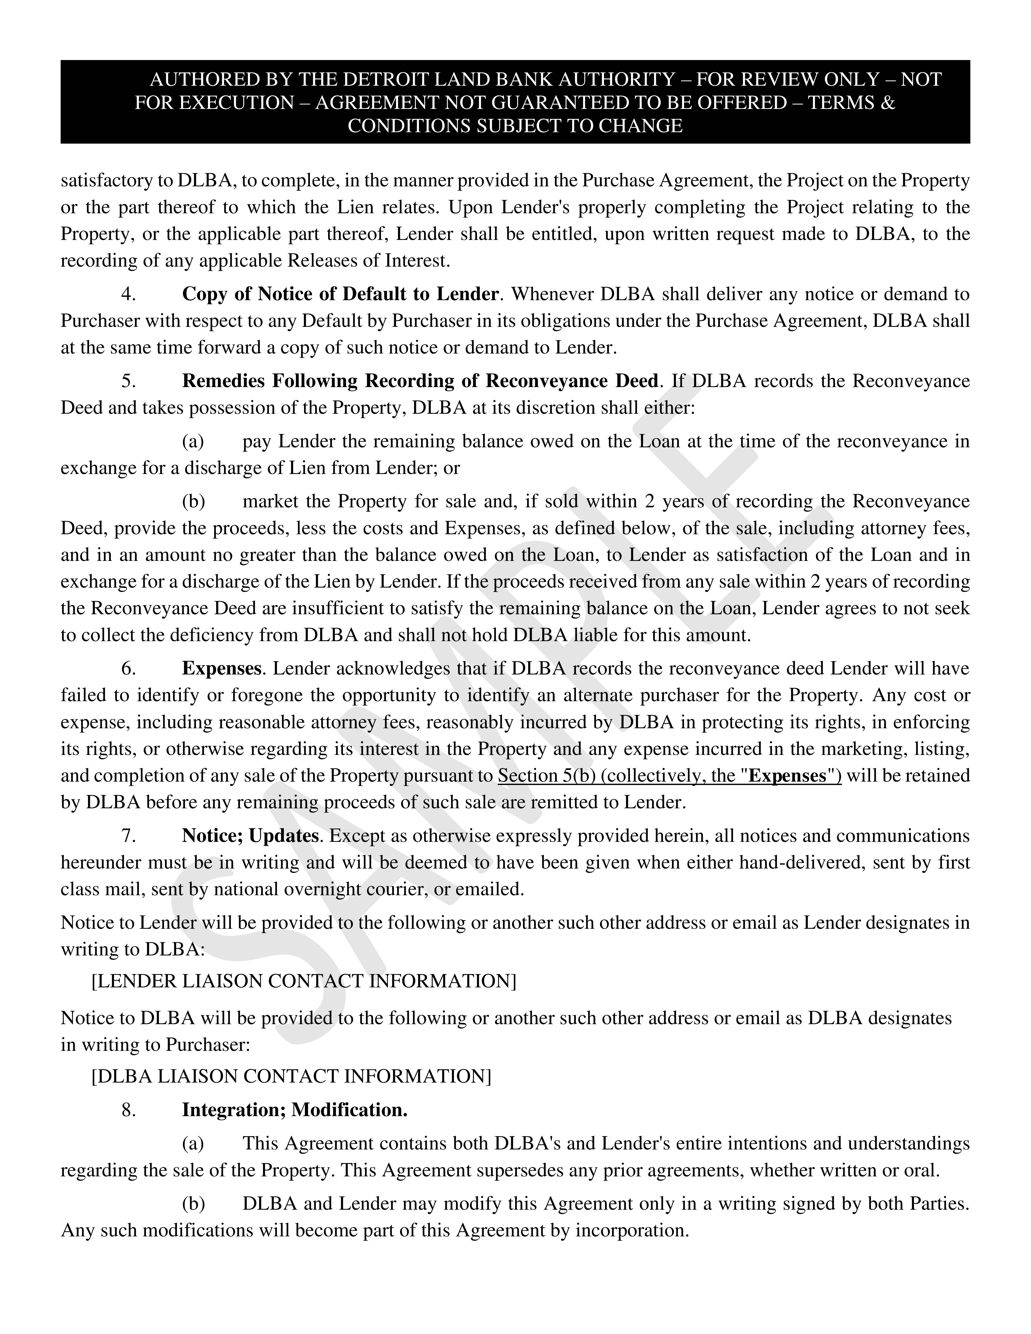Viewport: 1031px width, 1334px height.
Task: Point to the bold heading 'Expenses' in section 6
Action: [222, 669]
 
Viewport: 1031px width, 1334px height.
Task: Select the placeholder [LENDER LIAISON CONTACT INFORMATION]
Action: [304, 981]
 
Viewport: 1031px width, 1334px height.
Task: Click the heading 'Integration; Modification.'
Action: [294, 1110]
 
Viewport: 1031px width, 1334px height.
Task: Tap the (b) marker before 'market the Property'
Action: [194, 501]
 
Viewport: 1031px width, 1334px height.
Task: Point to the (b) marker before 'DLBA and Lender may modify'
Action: [194, 1203]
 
